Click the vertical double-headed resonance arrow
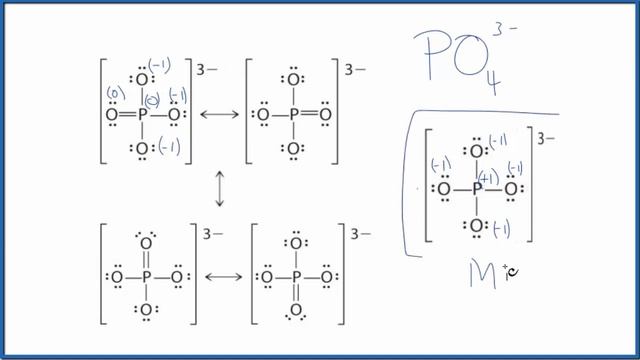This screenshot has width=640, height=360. (x=219, y=190)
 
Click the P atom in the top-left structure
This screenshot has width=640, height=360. (x=142, y=115)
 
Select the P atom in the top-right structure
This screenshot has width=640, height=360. (x=292, y=115)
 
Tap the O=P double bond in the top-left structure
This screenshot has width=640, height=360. (x=125, y=115)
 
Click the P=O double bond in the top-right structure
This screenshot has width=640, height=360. (x=308, y=115)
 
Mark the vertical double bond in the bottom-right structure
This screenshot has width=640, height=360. (x=296, y=292)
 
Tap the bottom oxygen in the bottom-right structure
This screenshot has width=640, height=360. (x=296, y=310)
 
